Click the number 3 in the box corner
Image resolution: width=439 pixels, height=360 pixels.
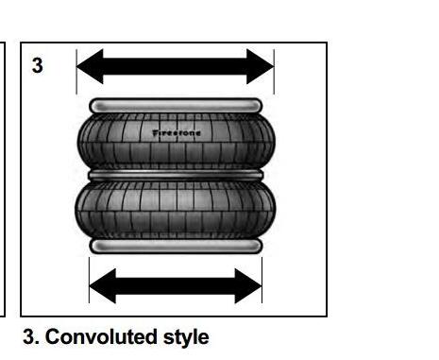38,65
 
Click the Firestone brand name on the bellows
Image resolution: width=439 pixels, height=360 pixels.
177,133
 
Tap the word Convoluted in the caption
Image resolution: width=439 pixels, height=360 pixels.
101,336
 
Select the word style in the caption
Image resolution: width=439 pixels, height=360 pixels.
186,337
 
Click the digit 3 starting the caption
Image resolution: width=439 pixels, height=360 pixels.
30,336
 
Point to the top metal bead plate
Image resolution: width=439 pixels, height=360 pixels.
176,106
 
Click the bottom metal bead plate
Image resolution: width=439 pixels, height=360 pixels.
176,246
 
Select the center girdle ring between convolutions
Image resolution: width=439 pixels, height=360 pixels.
176,175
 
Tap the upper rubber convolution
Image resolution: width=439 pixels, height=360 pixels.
177,142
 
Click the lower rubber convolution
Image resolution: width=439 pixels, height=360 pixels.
176,210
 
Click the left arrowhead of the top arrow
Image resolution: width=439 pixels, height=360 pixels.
90,66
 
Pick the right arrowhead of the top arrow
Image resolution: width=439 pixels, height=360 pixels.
261,66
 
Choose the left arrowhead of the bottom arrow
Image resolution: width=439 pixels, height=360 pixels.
103,286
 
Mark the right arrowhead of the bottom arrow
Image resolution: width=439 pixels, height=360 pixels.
248,286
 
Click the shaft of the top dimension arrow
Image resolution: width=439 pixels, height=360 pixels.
175,66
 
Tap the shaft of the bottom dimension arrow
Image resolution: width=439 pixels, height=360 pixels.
176,286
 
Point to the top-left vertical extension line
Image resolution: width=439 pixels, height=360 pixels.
76,72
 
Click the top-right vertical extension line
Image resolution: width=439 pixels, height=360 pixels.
274,72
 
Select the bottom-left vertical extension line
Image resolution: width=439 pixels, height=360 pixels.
90,280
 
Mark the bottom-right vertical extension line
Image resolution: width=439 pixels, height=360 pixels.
262,280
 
